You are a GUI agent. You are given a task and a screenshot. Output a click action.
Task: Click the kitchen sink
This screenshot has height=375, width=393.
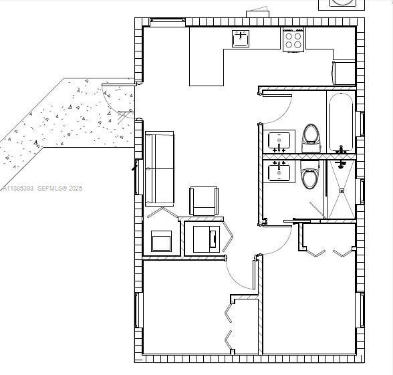click(x=241, y=39)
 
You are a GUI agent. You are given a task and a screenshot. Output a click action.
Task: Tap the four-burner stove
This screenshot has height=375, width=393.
click(x=293, y=40)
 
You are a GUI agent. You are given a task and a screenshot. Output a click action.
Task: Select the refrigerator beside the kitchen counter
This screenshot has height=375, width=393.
click(x=344, y=73)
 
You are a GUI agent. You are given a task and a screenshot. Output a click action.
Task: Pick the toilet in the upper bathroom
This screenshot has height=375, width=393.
click(x=311, y=136)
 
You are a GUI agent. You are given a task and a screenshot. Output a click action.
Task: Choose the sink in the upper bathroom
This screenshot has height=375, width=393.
click(x=279, y=141)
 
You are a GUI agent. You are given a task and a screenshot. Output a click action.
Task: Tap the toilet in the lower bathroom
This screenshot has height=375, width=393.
click(x=309, y=176)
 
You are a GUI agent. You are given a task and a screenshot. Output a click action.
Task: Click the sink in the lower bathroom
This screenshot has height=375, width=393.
click(x=279, y=172)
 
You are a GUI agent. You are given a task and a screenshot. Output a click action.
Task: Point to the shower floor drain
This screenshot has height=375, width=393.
click(x=342, y=191)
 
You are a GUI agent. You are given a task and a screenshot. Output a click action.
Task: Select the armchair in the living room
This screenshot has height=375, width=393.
click(x=204, y=201)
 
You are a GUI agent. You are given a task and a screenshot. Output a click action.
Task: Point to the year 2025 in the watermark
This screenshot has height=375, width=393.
click(x=74, y=189)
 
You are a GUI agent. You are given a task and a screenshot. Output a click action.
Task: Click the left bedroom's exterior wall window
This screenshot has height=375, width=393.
click(x=138, y=310)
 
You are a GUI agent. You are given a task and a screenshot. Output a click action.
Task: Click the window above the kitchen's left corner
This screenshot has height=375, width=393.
click(x=166, y=21)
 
